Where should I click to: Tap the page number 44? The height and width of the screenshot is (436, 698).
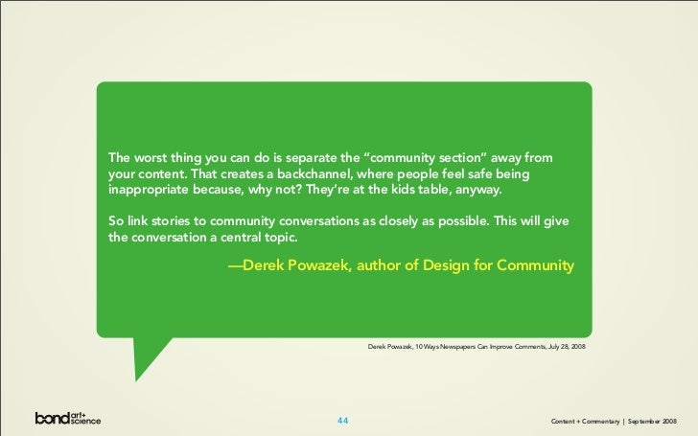pyautogui.click(x=343, y=420)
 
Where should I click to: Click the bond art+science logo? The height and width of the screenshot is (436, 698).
pyautogui.click(x=68, y=418)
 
